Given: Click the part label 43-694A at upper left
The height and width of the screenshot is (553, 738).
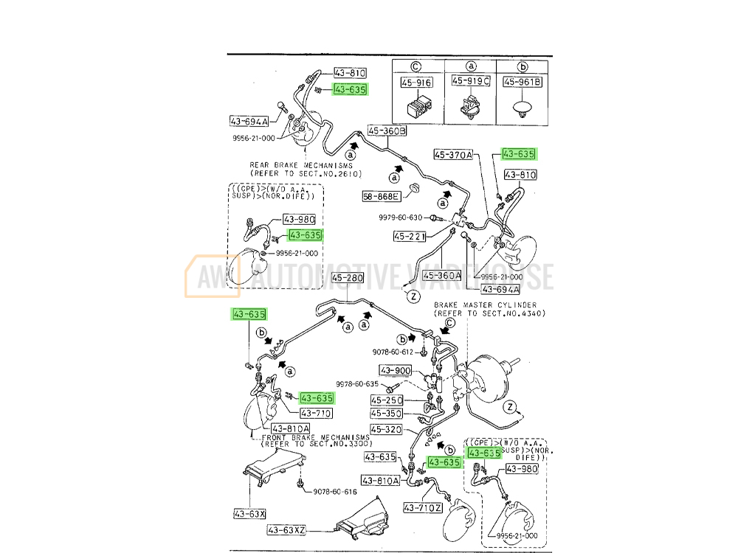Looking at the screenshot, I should (249, 120).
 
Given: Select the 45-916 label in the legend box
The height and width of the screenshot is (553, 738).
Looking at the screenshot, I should (417, 83).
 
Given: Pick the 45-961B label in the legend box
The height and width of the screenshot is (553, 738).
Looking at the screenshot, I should (523, 82).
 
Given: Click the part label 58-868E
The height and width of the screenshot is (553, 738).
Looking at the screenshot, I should (381, 197).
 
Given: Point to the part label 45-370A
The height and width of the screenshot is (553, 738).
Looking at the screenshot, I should (452, 155).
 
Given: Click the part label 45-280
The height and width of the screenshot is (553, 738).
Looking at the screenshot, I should (348, 279).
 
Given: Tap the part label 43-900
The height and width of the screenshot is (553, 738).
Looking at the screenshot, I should (396, 370).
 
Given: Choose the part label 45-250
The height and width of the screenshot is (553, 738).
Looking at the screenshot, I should (387, 400).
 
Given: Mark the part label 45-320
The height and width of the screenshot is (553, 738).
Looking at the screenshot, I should (386, 429).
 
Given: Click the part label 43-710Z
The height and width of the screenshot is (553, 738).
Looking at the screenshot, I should (422, 508).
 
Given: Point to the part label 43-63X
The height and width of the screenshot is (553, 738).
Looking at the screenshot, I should (250, 513).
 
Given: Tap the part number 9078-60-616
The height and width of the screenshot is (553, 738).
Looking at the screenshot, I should (334, 492).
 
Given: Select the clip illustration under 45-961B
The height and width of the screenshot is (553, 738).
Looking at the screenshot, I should (523, 112).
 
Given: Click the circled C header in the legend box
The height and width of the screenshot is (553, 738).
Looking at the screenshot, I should (417, 65).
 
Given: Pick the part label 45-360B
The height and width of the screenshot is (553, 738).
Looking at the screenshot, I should (387, 131).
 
